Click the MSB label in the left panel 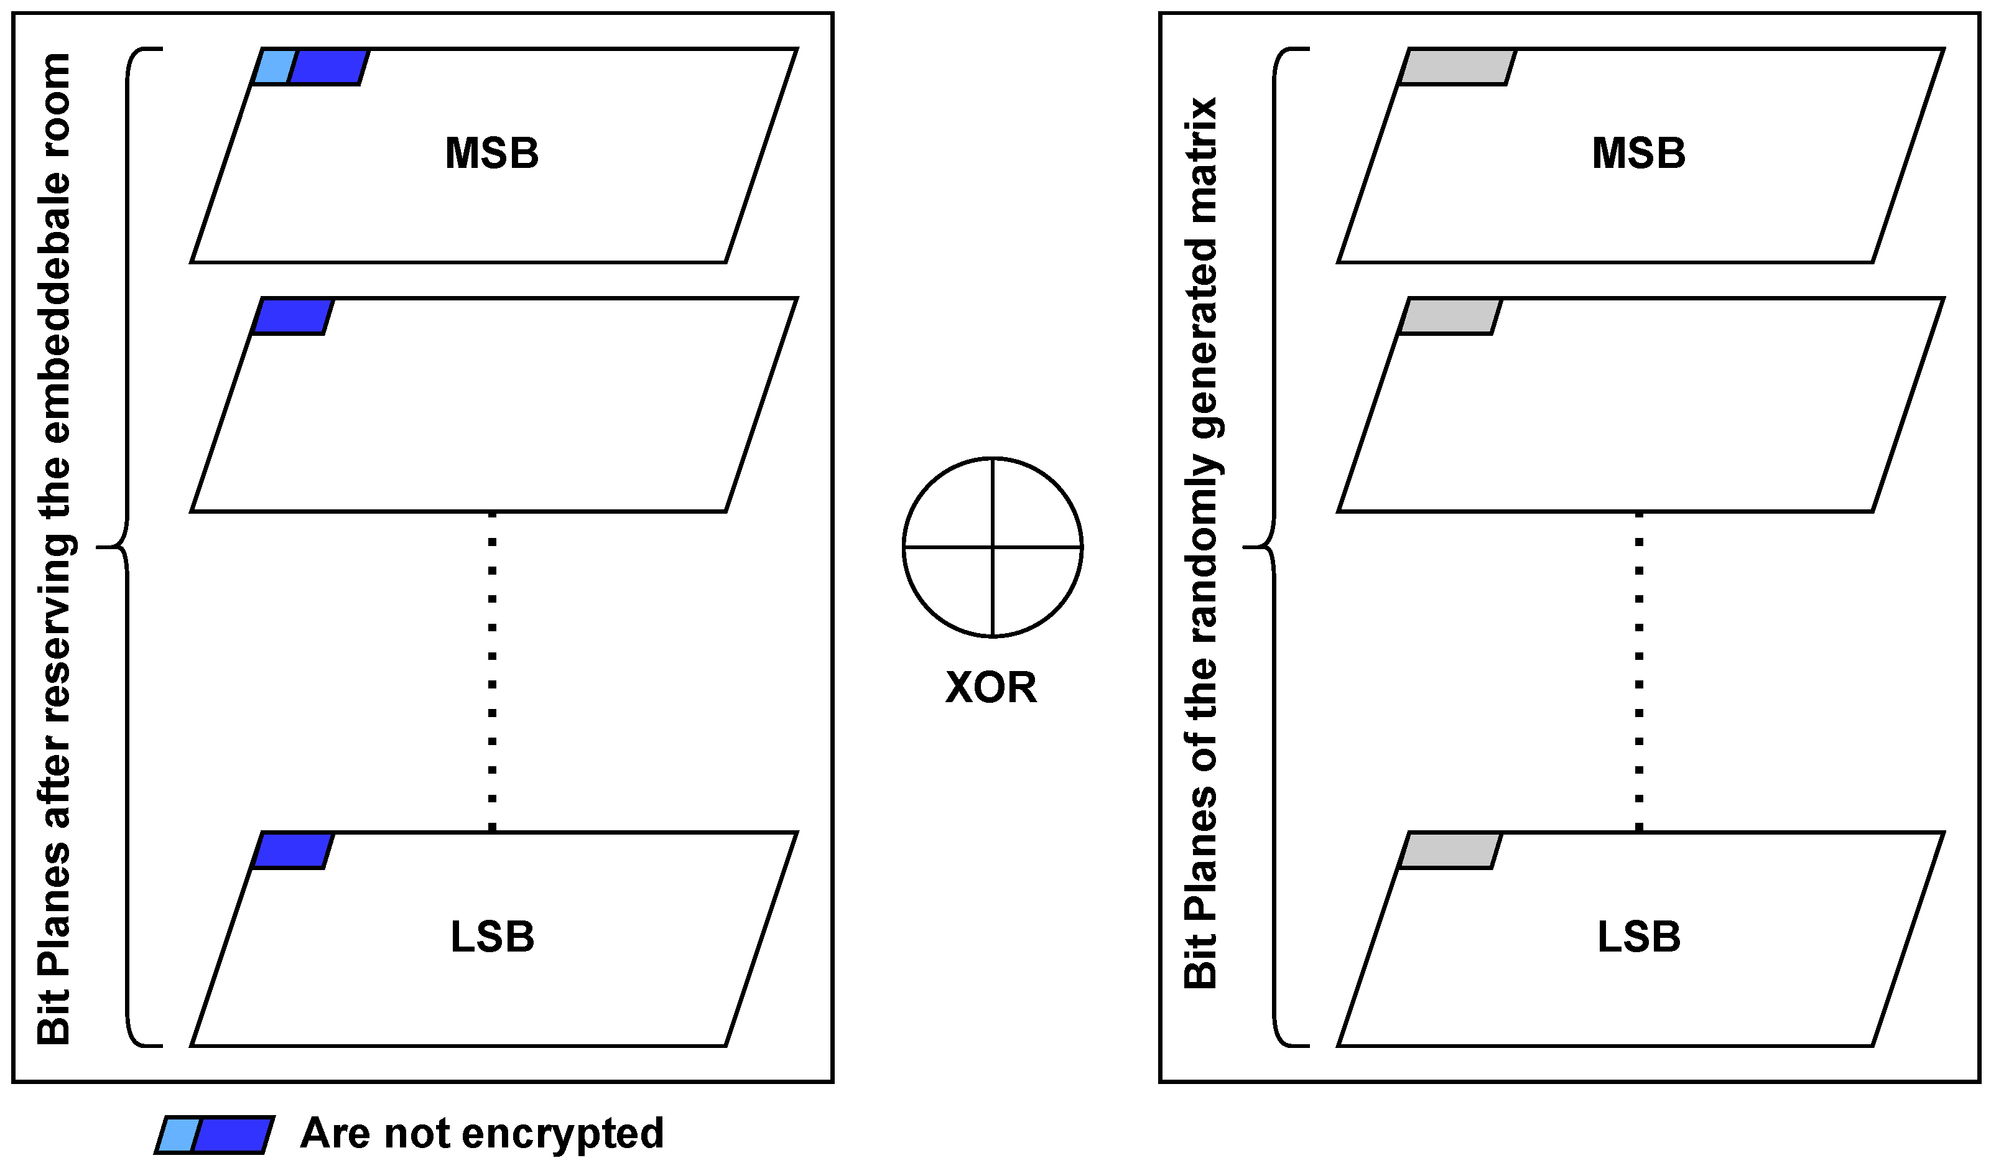(491, 153)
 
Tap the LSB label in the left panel (491, 937)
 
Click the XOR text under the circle (991, 687)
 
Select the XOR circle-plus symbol (992, 547)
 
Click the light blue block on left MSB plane (274, 67)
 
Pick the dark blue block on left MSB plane (327, 67)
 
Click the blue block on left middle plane (292, 317)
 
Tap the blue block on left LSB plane (292, 851)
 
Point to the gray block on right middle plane (1450, 317)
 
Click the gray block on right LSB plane (1450, 851)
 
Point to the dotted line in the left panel (492, 672)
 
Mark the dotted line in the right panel (1640, 672)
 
